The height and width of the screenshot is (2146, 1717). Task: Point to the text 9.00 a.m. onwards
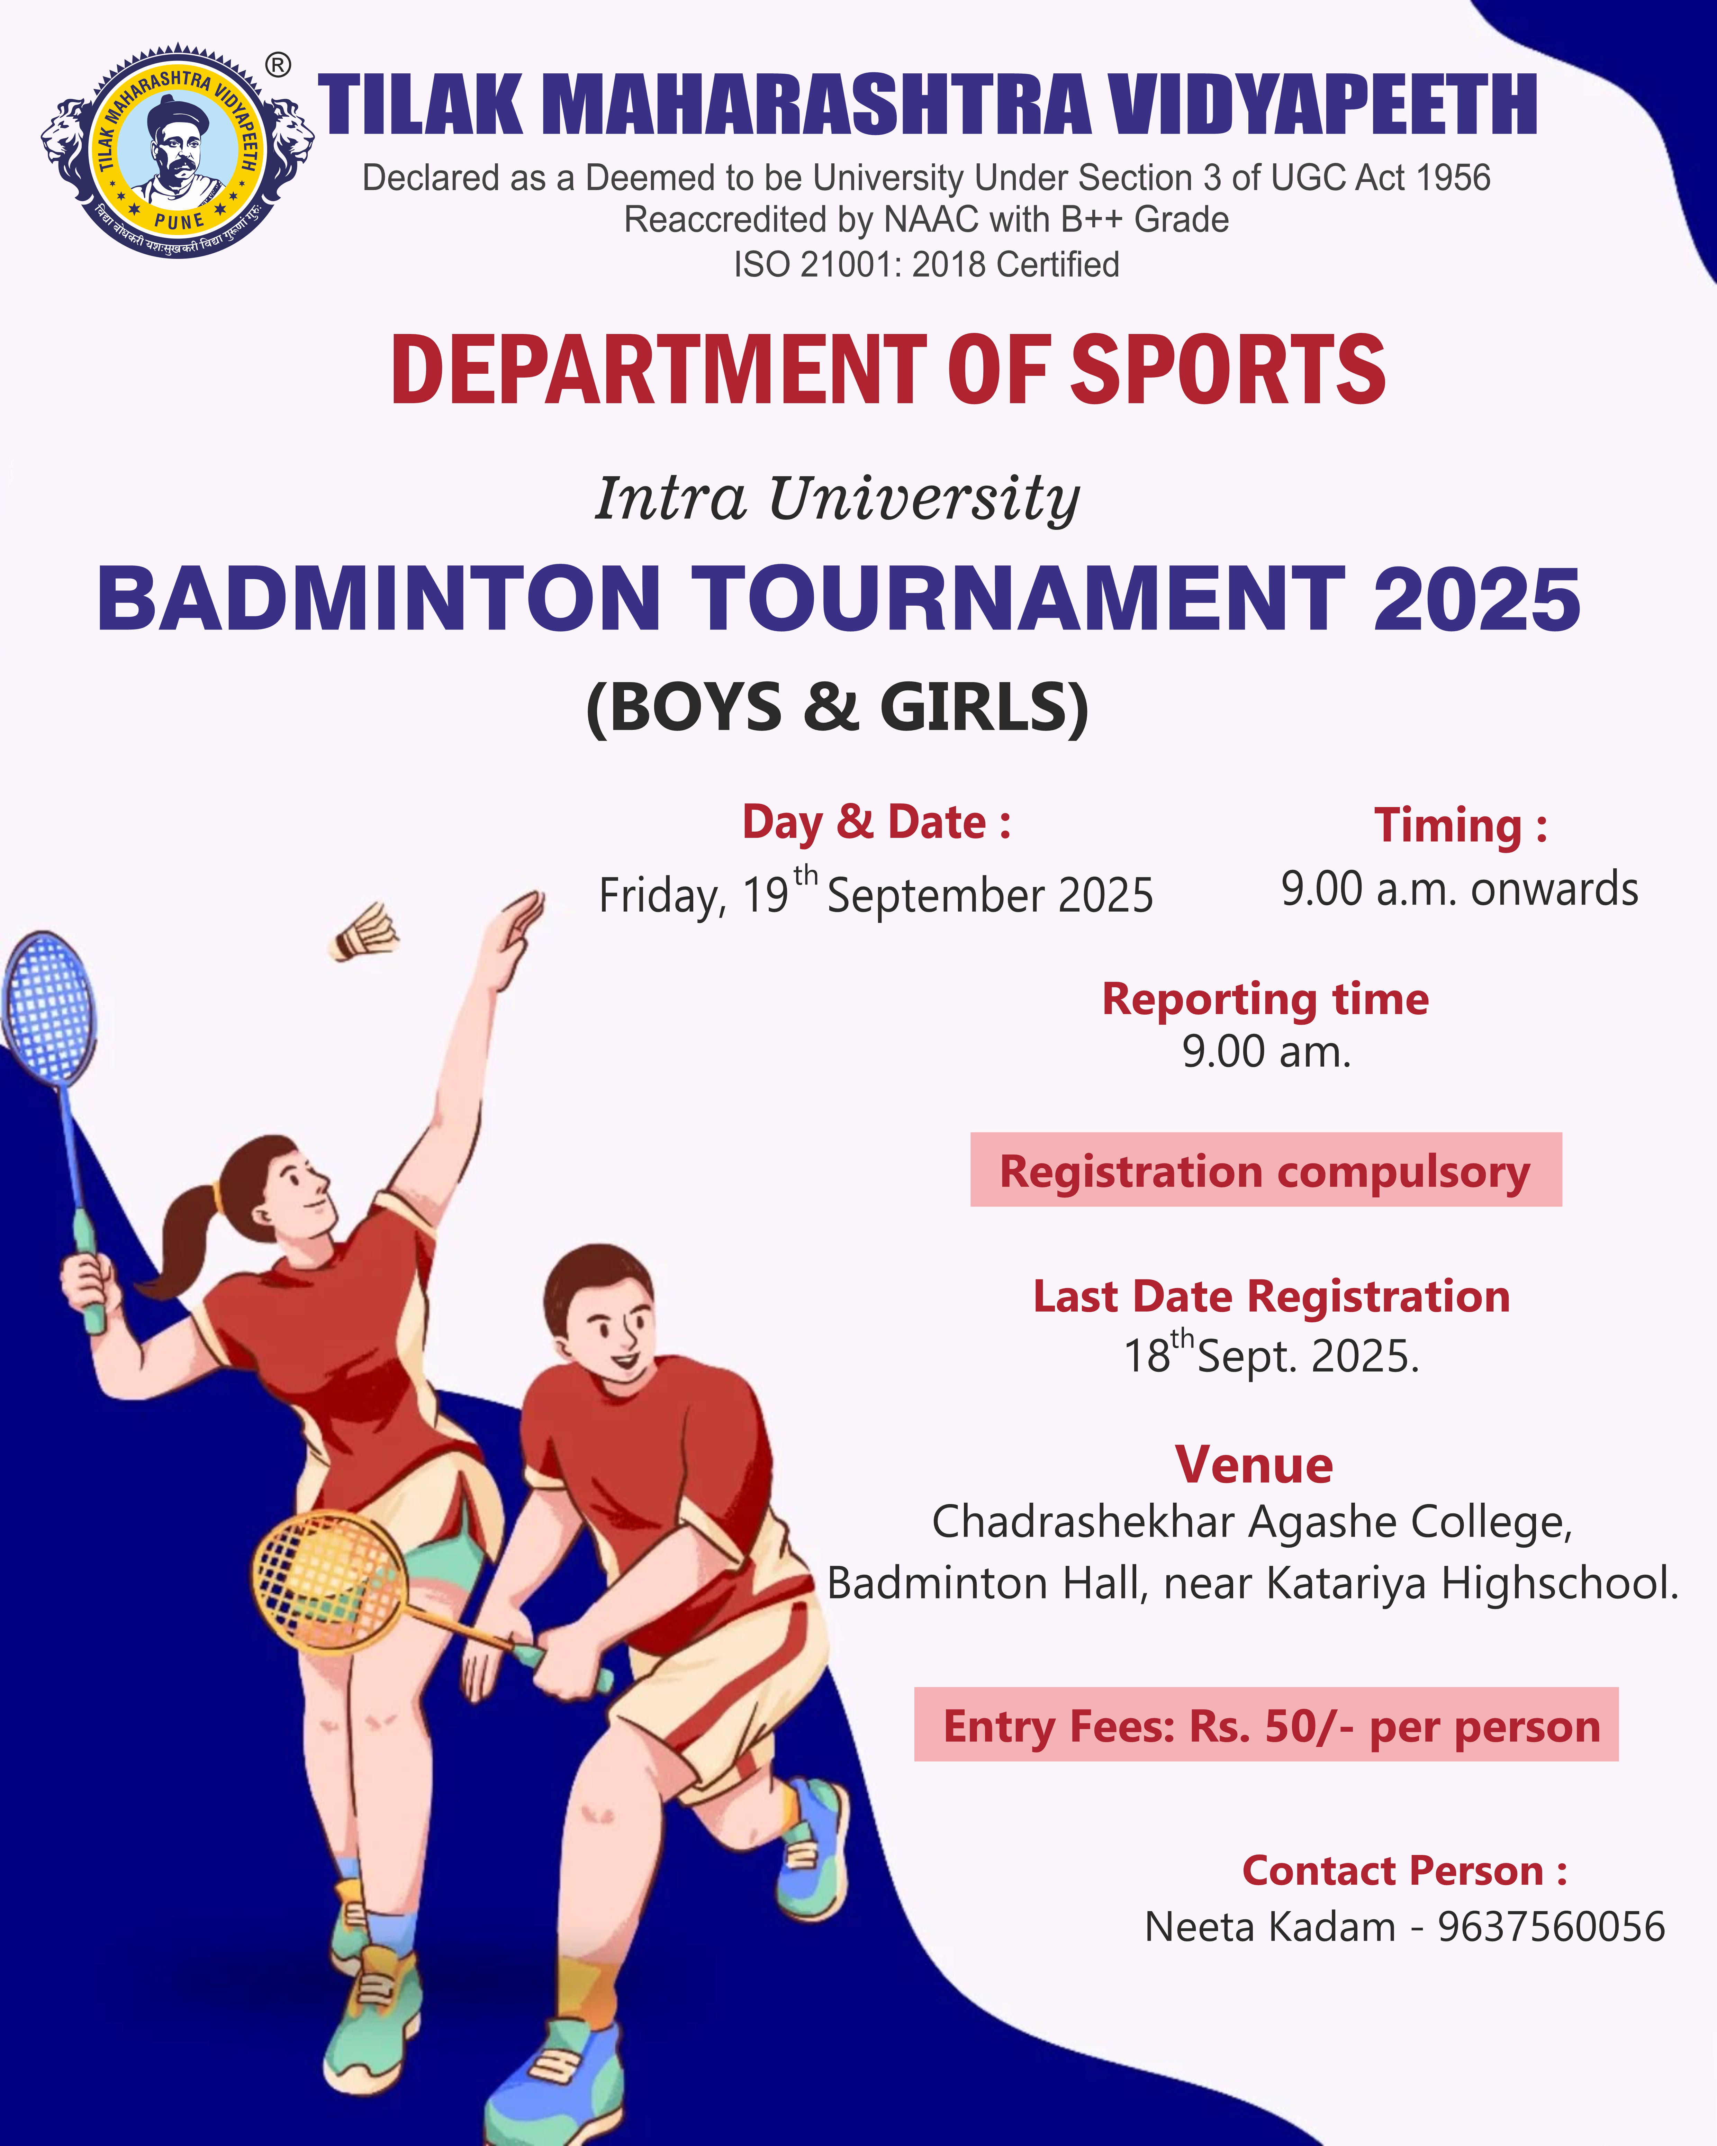click(x=1459, y=889)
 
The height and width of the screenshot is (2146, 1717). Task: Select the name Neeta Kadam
click(x=1270, y=1927)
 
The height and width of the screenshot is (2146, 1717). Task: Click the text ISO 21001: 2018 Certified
click(x=927, y=265)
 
